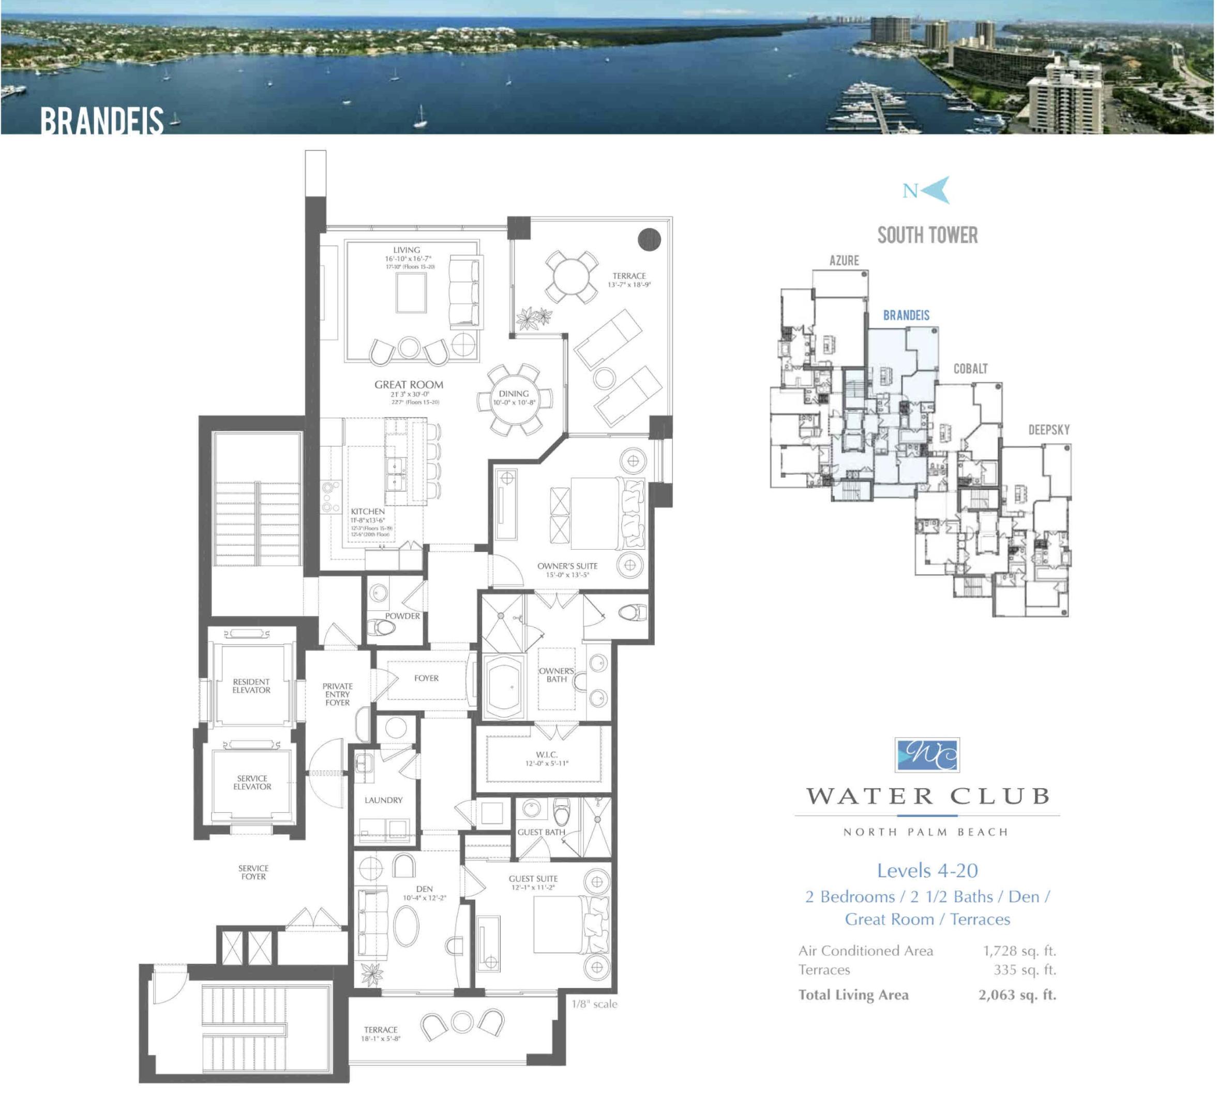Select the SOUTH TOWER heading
tap(927, 235)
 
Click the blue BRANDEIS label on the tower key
tap(906, 315)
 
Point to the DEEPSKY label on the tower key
tap(1048, 430)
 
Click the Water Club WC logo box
tap(927, 754)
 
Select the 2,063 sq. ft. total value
tap(1017, 994)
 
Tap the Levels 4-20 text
tap(927, 870)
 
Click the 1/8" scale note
tap(594, 1003)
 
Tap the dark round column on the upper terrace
tap(649, 239)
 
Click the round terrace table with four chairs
tap(570, 277)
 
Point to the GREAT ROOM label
tap(409, 384)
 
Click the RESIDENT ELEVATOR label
tap(251, 685)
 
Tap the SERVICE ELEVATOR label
tap(252, 782)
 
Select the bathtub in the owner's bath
tap(504, 687)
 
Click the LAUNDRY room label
tap(383, 799)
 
